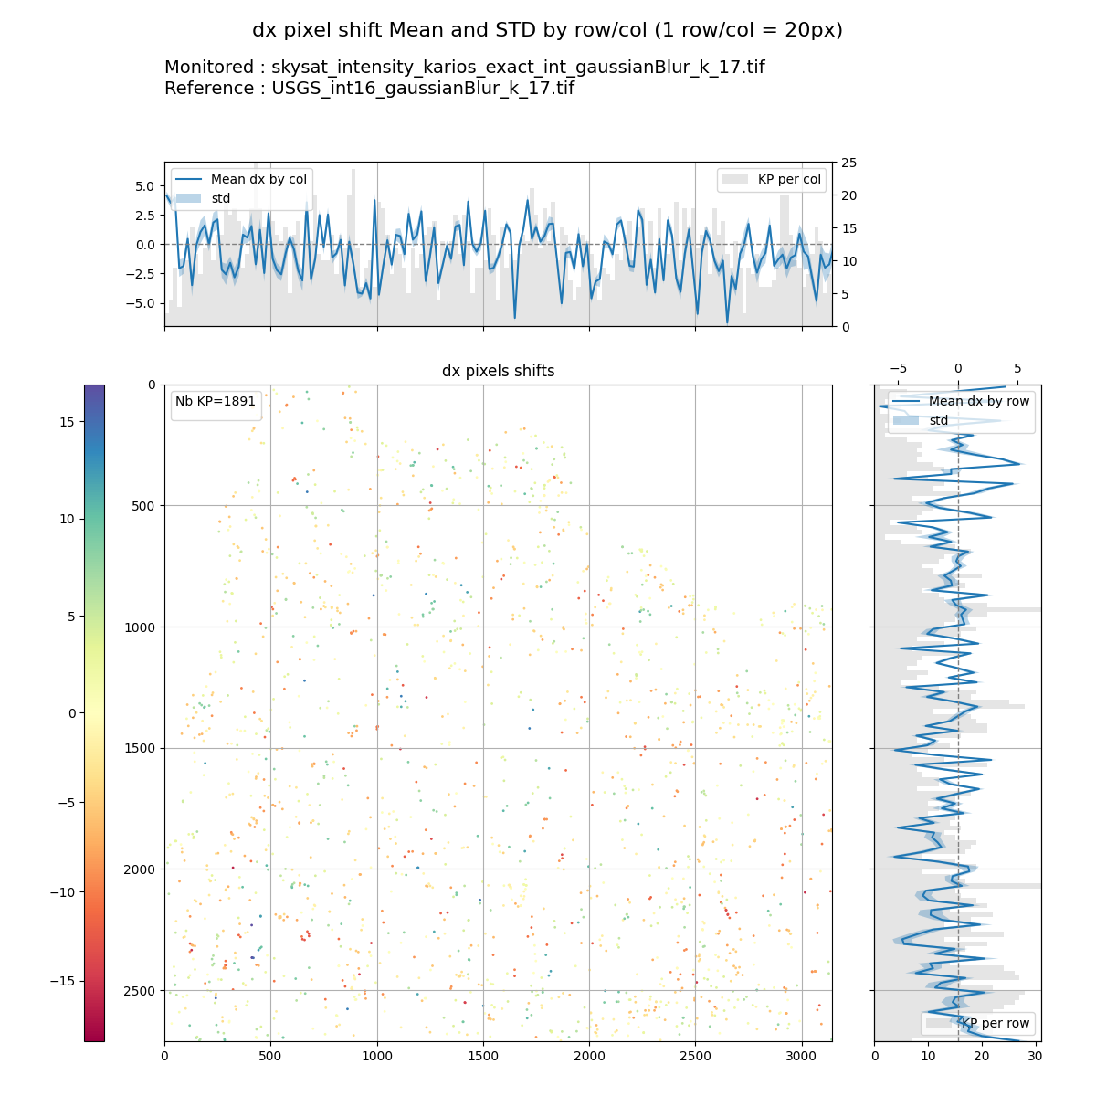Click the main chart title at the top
coord(547,30)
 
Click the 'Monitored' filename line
coord(464,68)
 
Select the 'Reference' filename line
coord(369,89)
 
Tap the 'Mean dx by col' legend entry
coord(258,179)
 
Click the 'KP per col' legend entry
coord(790,179)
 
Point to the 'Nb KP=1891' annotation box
coord(216,402)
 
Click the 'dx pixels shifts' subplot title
coord(498,371)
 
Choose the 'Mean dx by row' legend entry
coord(978,401)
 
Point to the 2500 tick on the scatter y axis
coord(140,991)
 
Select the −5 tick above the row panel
coord(898,368)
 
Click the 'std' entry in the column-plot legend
coord(220,198)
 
